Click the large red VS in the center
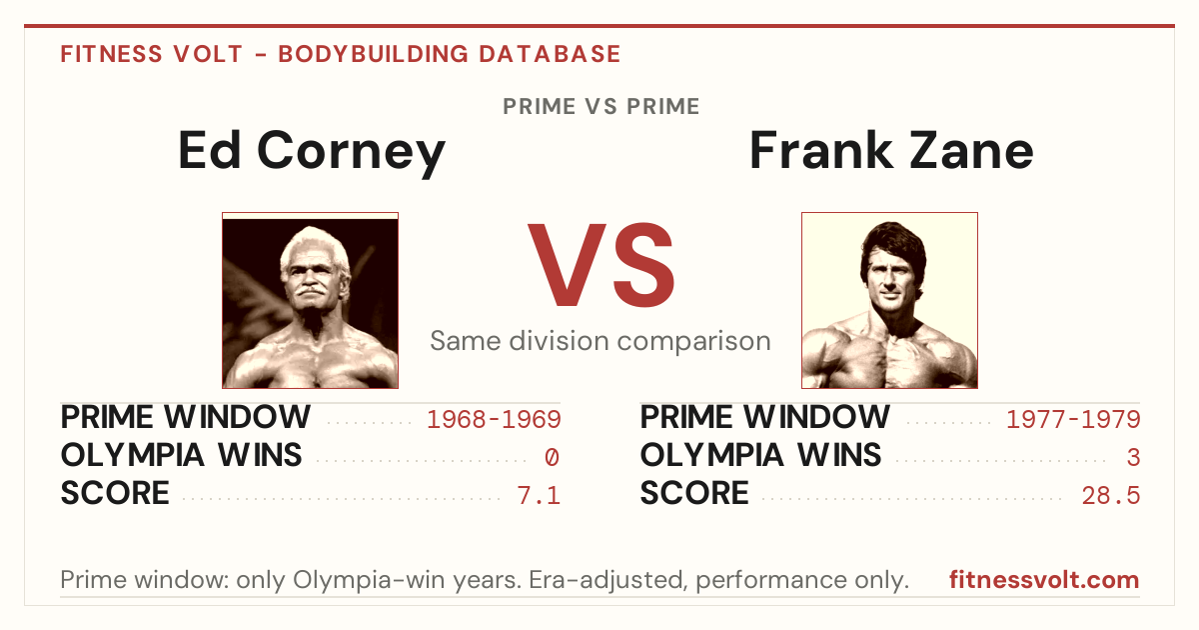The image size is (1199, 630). point(600,265)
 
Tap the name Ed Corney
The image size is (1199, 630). point(312,152)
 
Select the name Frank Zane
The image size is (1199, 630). point(891,151)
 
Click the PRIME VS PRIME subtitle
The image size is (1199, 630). point(600,106)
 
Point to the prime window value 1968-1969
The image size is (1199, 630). point(494,419)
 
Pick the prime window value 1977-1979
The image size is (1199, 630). point(1073,419)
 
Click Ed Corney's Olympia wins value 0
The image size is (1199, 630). point(552,458)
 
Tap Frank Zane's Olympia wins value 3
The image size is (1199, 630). point(1133,458)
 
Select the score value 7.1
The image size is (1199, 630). point(539,496)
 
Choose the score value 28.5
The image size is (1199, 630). point(1111,496)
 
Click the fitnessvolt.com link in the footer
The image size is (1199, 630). point(1044,580)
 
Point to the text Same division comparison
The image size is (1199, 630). point(600,341)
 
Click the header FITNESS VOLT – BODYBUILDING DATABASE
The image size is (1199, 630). point(341,54)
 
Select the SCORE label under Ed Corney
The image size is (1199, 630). point(115,493)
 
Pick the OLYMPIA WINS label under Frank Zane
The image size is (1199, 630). point(760,455)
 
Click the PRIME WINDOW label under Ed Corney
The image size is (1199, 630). point(185,417)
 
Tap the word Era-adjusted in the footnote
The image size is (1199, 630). point(607,580)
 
